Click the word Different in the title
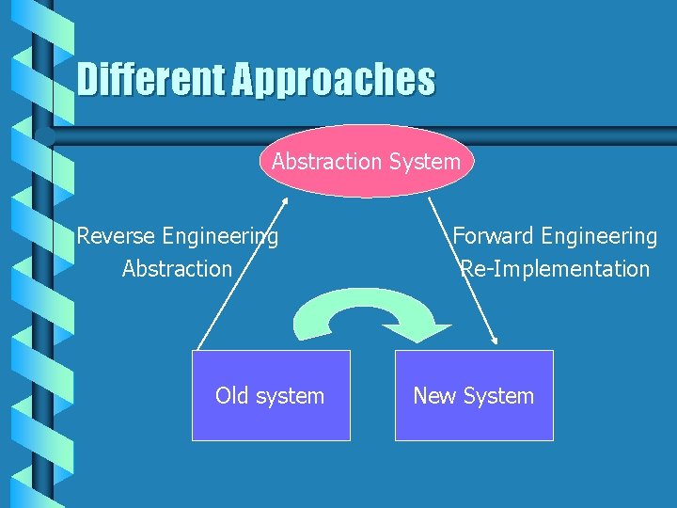tap(151, 80)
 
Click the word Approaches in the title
tap(333, 80)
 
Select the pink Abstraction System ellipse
tap(367, 162)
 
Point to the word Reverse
tap(117, 235)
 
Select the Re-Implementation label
tap(555, 268)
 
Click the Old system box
tap(271, 395)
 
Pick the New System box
tap(474, 395)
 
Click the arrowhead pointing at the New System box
tap(495, 341)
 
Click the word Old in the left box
tap(232, 395)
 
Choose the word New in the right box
tap(434, 395)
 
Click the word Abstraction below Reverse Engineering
tap(177, 268)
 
